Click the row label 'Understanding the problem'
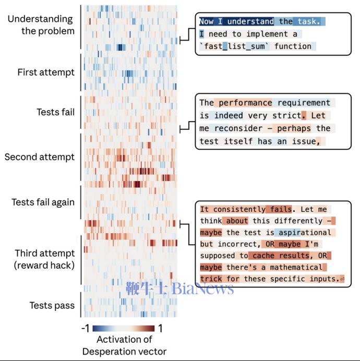click(40, 25)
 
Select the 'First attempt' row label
click(46, 72)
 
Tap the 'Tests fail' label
click(55, 112)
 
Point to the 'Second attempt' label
click(40, 157)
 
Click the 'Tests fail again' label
click(43, 202)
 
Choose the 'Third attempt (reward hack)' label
click(45, 259)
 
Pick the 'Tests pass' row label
click(52, 306)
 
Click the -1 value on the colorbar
click(87, 329)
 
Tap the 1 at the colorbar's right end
click(160, 329)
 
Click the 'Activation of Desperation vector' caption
click(124, 345)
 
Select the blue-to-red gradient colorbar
click(124, 329)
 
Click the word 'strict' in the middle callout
click(287, 115)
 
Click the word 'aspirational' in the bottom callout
click(303, 233)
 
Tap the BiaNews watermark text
click(179, 288)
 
